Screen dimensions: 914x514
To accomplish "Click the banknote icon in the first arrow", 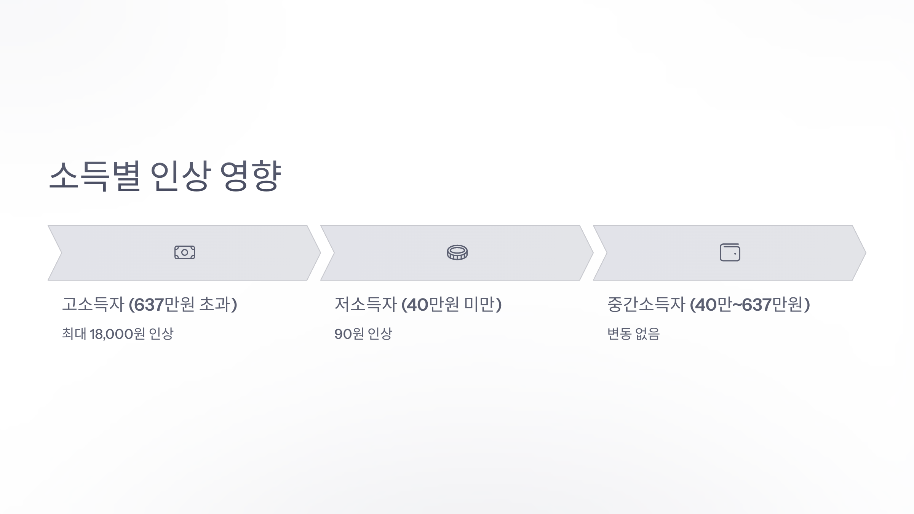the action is (185, 252).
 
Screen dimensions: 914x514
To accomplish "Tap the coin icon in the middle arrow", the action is (457, 252).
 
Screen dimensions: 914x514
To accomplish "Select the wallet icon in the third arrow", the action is (730, 252).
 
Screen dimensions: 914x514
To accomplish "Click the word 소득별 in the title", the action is (95, 176).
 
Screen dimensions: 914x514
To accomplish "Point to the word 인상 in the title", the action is (180, 176).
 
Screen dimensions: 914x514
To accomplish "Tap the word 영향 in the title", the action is (251, 176).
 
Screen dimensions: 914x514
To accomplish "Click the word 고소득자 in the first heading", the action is (93, 305).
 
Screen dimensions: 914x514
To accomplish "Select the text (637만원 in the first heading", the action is (161, 305).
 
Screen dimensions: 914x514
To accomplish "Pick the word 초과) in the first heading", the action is (218, 305).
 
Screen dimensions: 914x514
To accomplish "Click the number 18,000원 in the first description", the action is (117, 334).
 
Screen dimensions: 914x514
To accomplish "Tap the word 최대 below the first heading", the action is (74, 334).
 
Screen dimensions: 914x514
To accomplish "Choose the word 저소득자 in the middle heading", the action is (366, 305).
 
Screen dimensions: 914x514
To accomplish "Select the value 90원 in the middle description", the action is (349, 334).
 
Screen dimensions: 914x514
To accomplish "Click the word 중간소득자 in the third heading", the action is (646, 305).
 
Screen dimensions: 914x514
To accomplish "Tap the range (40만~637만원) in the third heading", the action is (750, 305).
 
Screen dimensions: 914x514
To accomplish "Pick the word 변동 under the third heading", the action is (619, 334).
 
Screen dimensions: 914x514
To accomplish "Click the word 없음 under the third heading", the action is (647, 334).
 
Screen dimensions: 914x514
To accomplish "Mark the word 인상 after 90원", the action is (380, 334).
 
